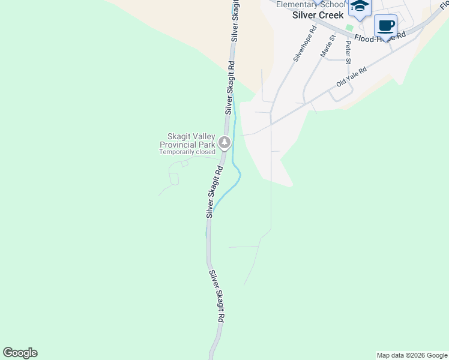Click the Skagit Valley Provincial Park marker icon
(x=224, y=142)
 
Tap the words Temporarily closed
(x=187, y=152)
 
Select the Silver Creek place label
(x=318, y=15)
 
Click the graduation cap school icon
(x=360, y=7)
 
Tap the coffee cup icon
(x=385, y=26)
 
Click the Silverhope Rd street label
(x=304, y=44)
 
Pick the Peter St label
(x=348, y=52)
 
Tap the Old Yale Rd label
(x=351, y=76)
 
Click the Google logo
(x=20, y=353)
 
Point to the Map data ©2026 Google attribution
(x=412, y=355)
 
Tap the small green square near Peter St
(x=349, y=28)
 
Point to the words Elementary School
(x=311, y=4)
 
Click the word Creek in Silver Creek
(x=331, y=15)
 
